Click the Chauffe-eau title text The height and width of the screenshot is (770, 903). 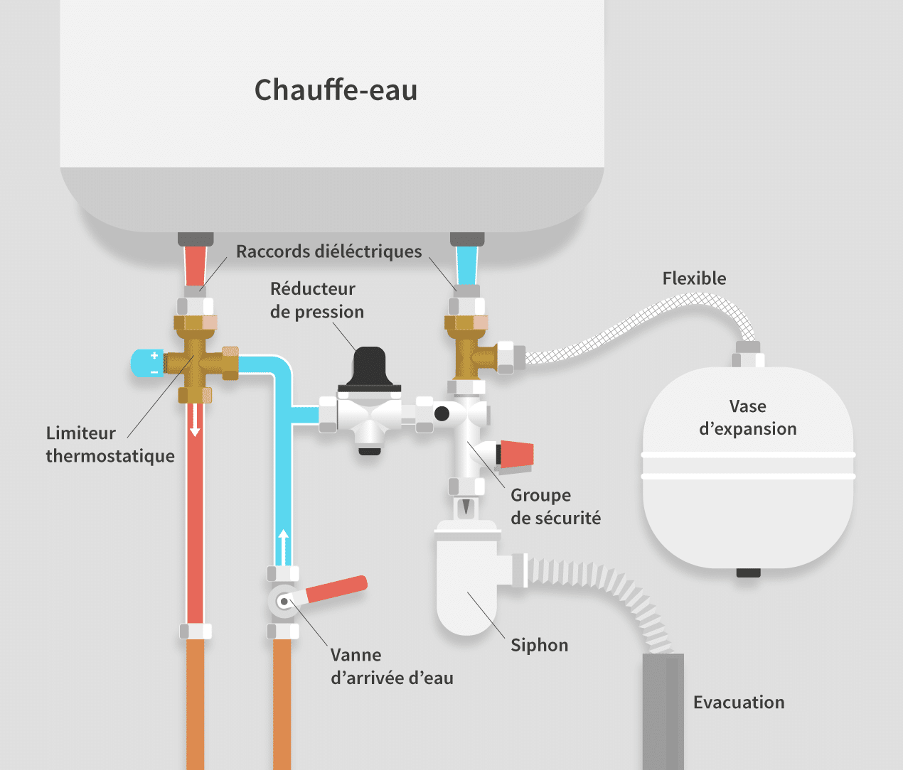(336, 90)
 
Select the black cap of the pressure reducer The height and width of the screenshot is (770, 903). (370, 367)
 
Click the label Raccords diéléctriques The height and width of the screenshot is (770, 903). (328, 251)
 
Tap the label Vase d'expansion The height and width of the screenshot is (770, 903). (747, 418)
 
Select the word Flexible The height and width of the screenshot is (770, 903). (694, 278)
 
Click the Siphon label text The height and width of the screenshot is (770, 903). (539, 645)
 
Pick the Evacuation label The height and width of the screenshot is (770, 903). (739, 703)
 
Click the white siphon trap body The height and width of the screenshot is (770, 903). (466, 590)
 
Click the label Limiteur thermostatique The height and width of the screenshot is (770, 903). (110, 445)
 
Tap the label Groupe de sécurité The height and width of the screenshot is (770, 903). (555, 506)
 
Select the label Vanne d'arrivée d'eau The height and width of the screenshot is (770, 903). (391, 666)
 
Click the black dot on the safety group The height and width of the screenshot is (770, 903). (442, 413)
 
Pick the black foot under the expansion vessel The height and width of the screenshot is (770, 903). (748, 573)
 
